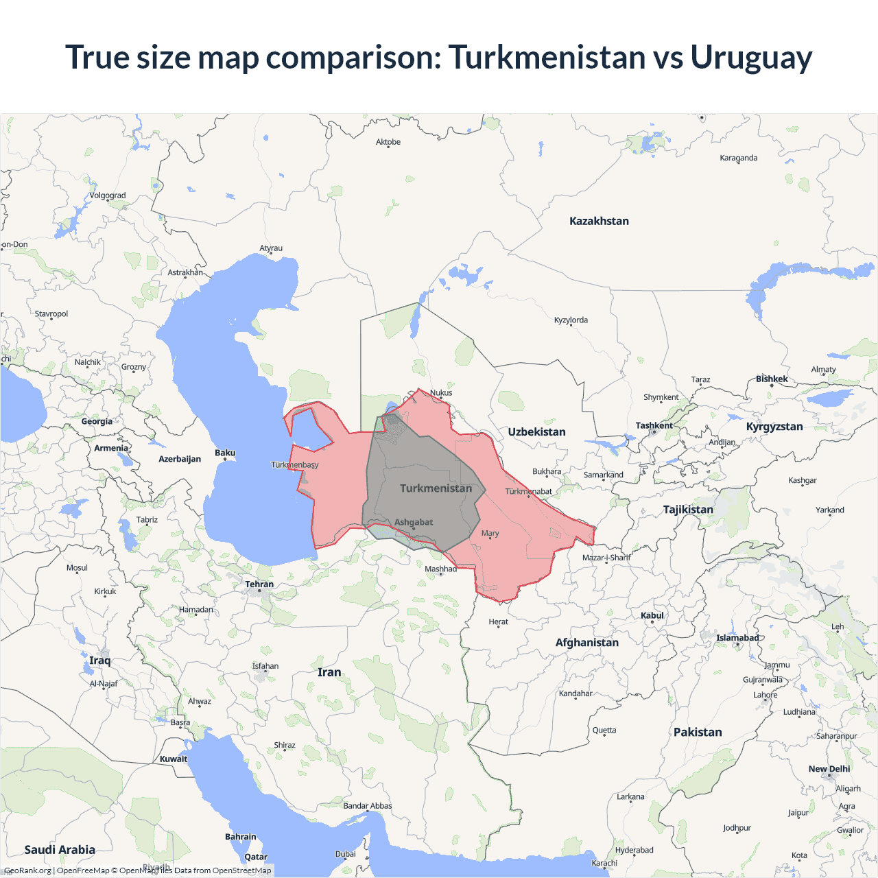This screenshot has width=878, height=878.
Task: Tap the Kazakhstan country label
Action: pos(599,221)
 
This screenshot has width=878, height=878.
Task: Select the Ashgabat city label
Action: pos(414,522)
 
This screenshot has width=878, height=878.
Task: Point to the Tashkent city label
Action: pos(654,425)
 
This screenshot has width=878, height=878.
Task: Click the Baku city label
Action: pos(225,453)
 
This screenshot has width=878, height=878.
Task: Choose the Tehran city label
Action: pos(259,584)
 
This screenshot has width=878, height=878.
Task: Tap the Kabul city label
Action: pos(652,615)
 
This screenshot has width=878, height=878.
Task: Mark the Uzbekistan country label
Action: pos(536,432)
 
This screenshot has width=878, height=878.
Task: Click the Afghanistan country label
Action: pos(586,643)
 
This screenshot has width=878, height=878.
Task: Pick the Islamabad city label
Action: pos(737,638)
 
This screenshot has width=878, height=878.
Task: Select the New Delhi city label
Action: pos(829,769)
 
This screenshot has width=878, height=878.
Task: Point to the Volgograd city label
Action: pos(108,195)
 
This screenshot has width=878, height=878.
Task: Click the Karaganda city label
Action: pos(738,158)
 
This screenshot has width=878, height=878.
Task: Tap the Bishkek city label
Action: pos(772,379)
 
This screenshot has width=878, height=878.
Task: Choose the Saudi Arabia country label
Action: pos(60,850)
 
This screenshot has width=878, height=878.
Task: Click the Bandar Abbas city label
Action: pos(368,806)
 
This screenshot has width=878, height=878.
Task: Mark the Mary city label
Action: pos(490,533)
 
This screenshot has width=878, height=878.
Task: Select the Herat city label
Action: pos(499,622)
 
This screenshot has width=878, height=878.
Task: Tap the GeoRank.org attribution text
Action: pos(27,870)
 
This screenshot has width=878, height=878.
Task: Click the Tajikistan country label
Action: pos(688,510)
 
